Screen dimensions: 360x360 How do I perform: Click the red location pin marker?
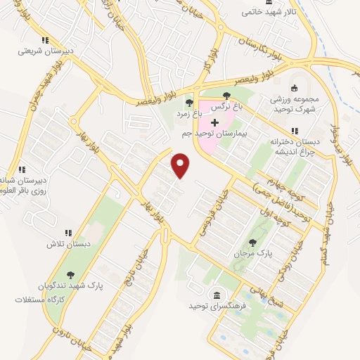(x=181, y=165)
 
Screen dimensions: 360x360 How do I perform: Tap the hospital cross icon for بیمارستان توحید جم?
(x=214, y=122)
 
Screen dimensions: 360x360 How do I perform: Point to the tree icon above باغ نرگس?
(x=226, y=96)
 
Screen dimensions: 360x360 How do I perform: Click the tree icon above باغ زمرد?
(x=190, y=103)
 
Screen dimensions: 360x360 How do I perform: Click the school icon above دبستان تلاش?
(x=68, y=233)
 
